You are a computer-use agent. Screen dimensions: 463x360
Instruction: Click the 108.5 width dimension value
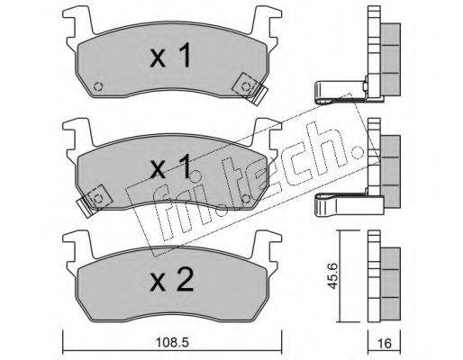[x=172, y=342]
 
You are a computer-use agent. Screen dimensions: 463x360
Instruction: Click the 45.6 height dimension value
[x=332, y=276]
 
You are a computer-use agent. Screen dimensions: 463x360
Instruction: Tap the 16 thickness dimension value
[x=385, y=343]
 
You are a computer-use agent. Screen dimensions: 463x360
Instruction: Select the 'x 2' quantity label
[x=171, y=280]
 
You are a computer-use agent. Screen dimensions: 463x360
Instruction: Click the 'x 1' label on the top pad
[x=170, y=55]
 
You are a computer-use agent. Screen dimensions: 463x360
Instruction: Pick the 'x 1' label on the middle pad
[x=170, y=166]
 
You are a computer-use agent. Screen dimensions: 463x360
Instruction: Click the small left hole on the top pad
[x=98, y=86]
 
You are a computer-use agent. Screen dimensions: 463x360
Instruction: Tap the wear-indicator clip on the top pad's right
[x=250, y=88]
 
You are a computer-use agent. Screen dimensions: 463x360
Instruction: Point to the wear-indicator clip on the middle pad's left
[x=94, y=201]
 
